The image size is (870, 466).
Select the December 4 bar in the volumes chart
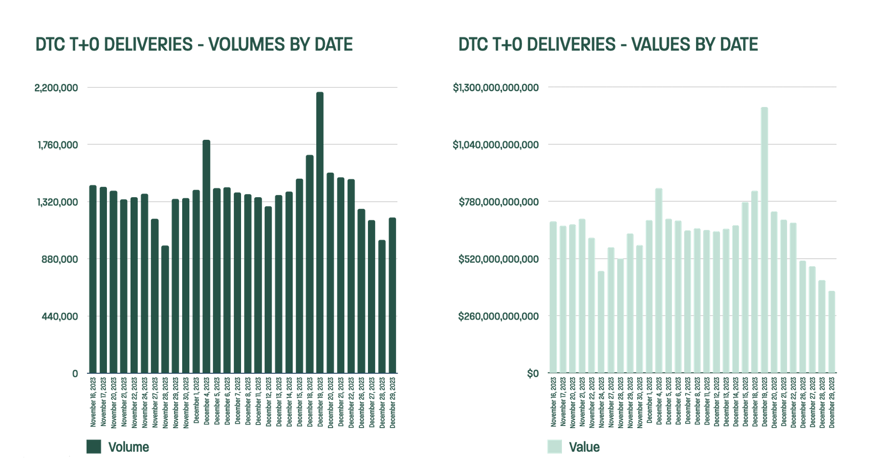click(x=206, y=256)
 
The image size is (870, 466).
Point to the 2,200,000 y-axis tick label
click(x=56, y=88)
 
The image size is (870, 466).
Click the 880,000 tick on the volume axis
click(x=60, y=259)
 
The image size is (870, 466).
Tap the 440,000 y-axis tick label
click(x=60, y=316)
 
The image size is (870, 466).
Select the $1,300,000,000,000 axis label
click(x=495, y=88)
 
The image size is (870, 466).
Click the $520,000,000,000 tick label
click(x=498, y=259)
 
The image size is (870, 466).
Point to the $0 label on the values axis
click(x=533, y=374)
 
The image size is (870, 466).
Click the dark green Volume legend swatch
click(x=94, y=447)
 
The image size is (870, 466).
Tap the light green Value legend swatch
click(x=554, y=447)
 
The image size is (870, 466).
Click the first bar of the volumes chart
click(x=93, y=279)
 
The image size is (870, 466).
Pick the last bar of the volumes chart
click(x=392, y=295)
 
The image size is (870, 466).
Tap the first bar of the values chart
click(x=553, y=297)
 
